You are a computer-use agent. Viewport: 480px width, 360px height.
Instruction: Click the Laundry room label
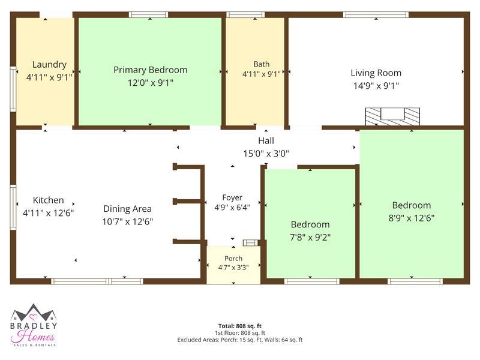pyautogui.click(x=49, y=65)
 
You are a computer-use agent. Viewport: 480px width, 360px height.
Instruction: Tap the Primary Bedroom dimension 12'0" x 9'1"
pyautogui.click(x=151, y=83)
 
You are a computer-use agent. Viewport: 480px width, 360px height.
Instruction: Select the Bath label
pyautogui.click(x=262, y=64)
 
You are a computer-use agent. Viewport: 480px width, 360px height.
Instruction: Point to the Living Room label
pyautogui.click(x=376, y=73)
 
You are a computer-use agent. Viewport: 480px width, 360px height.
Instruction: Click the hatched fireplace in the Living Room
pyautogui.click(x=392, y=116)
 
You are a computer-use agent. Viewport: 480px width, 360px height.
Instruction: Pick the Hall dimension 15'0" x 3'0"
pyautogui.click(x=266, y=154)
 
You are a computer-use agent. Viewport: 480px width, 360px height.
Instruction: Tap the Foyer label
pyautogui.click(x=232, y=198)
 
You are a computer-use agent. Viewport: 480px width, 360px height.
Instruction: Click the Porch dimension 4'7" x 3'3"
pyautogui.click(x=233, y=268)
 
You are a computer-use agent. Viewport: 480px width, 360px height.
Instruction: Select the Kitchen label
pyautogui.click(x=49, y=200)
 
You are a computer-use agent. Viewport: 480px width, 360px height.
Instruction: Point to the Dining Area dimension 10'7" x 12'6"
pyautogui.click(x=128, y=221)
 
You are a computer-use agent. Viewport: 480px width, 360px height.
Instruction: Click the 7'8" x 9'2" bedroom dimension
pyautogui.click(x=310, y=237)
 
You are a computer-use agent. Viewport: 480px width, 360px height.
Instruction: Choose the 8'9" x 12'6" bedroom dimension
pyautogui.click(x=412, y=218)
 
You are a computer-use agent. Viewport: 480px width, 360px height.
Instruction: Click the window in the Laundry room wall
pyautogui.click(x=13, y=89)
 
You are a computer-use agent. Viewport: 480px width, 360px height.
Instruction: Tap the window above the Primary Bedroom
pyautogui.click(x=148, y=14)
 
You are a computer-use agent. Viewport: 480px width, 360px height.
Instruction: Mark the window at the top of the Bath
pyautogui.click(x=245, y=14)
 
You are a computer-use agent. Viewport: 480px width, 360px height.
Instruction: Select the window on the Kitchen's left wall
pyautogui.click(x=13, y=207)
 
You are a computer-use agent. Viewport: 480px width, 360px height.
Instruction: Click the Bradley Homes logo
pyautogui.click(x=34, y=325)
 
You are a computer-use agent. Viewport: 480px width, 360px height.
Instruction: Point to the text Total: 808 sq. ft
pyautogui.click(x=240, y=326)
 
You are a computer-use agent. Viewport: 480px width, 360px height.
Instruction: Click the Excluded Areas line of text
pyautogui.click(x=240, y=340)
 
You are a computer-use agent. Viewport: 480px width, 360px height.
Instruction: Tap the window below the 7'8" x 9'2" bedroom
pyautogui.click(x=312, y=281)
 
